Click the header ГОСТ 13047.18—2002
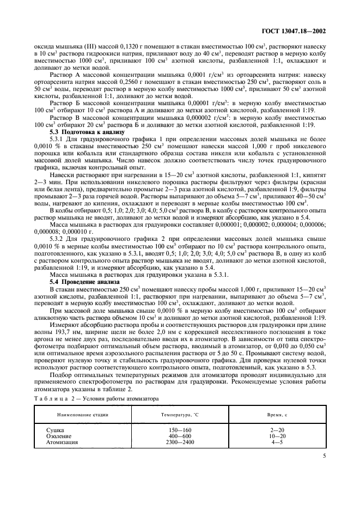[x=293, y=32]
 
